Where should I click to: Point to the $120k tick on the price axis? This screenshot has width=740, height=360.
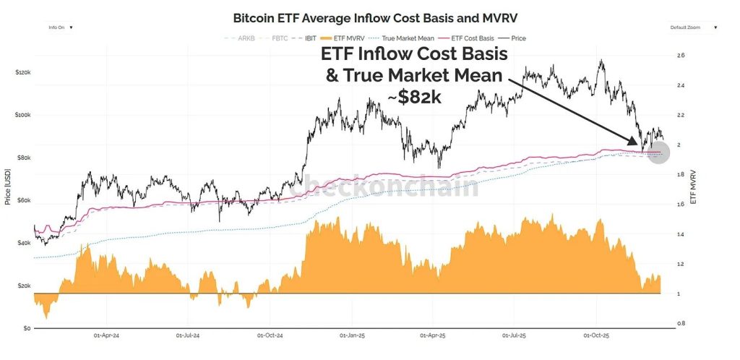(x=23, y=73)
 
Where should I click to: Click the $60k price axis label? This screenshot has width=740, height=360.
(x=25, y=201)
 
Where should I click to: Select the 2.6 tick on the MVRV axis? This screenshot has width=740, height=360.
(x=681, y=56)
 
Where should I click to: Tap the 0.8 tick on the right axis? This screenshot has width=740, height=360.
(x=681, y=323)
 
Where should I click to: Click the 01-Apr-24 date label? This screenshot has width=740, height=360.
(x=106, y=336)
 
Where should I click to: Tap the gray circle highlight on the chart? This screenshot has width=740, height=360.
(x=658, y=151)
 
